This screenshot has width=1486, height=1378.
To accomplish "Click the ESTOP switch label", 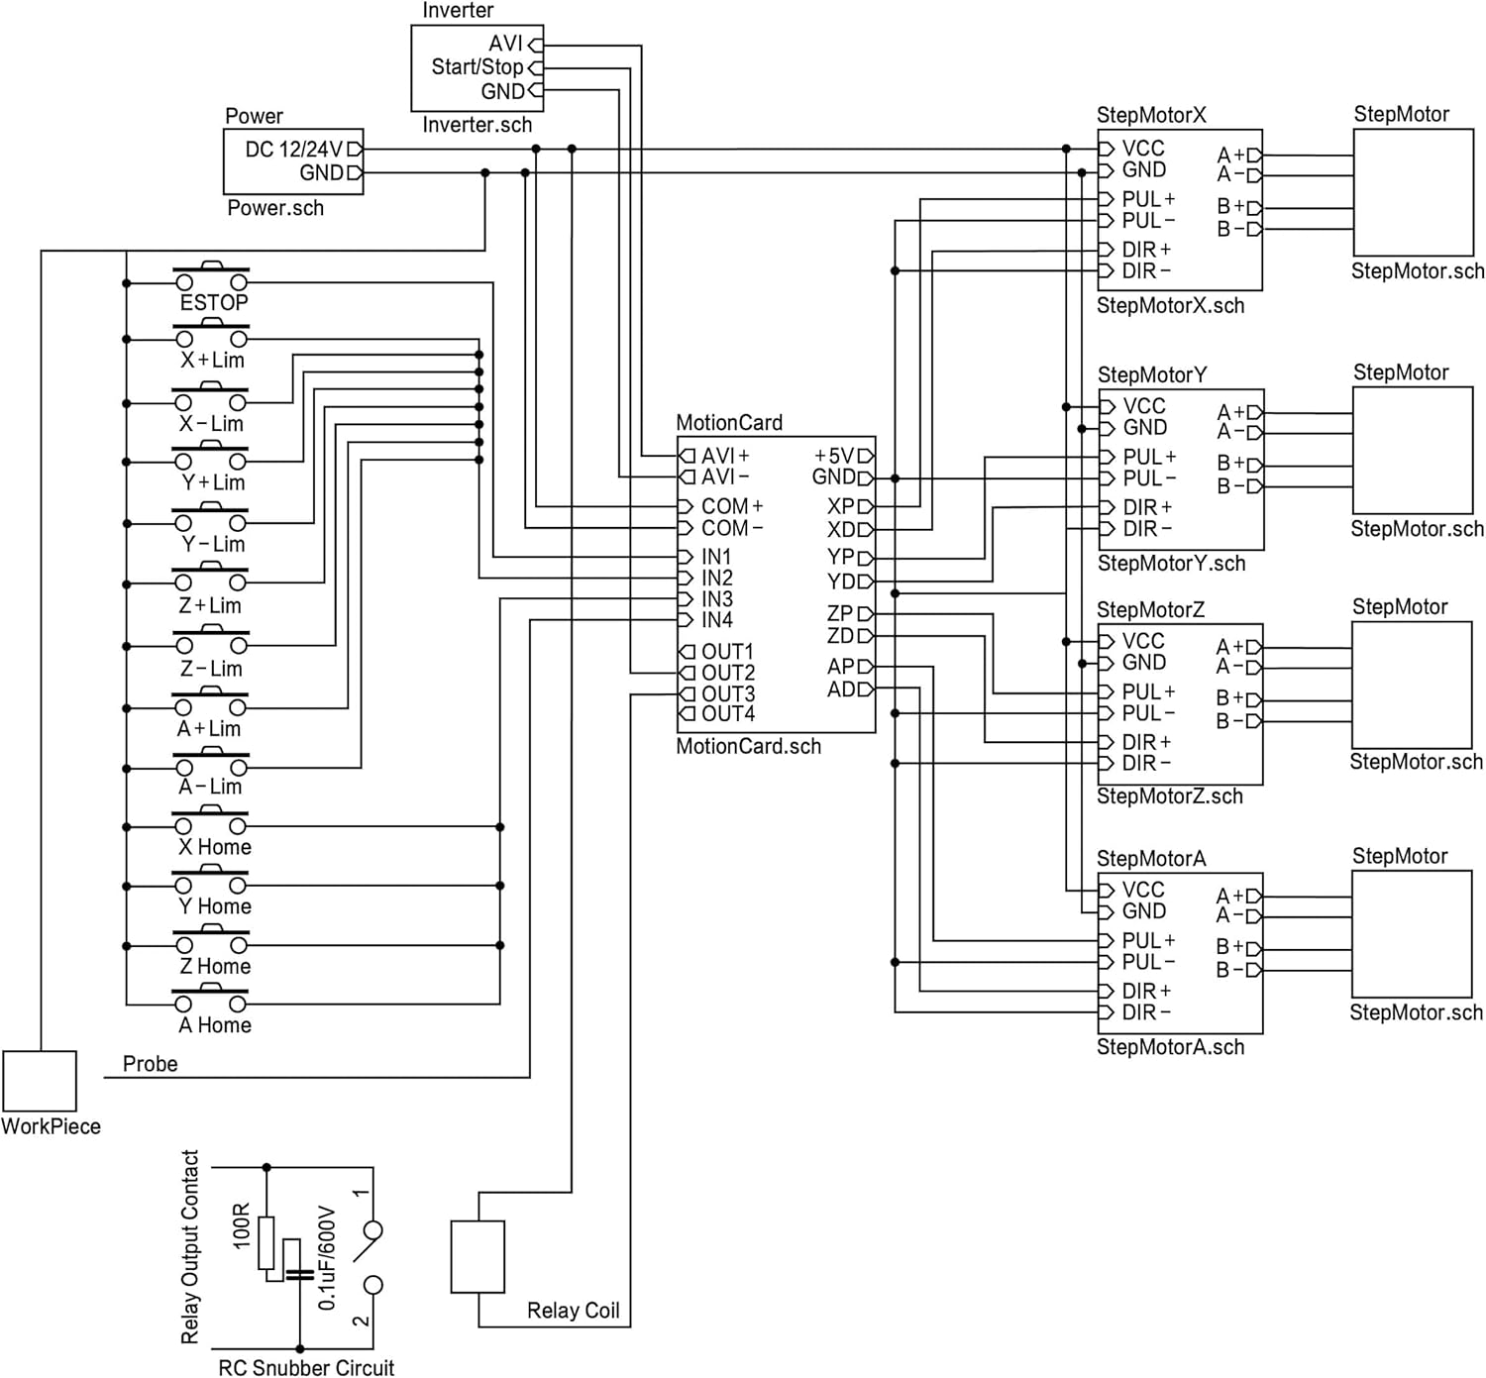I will click(x=213, y=303).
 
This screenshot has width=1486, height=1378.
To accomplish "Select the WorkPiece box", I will click(x=40, y=1081).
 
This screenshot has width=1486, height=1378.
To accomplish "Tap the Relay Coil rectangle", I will click(x=478, y=1256).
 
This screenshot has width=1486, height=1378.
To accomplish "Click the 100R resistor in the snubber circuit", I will click(x=265, y=1242).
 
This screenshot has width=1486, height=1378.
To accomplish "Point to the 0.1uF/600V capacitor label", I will click(x=328, y=1258).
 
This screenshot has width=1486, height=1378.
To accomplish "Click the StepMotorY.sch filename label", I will click(x=1171, y=564).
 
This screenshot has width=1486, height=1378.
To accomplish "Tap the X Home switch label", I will click(x=214, y=847).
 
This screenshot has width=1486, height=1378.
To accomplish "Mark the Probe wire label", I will click(x=150, y=1064).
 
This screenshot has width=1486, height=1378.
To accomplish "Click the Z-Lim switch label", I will click(x=210, y=669).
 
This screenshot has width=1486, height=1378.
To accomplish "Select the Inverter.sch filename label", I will click(x=477, y=125).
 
